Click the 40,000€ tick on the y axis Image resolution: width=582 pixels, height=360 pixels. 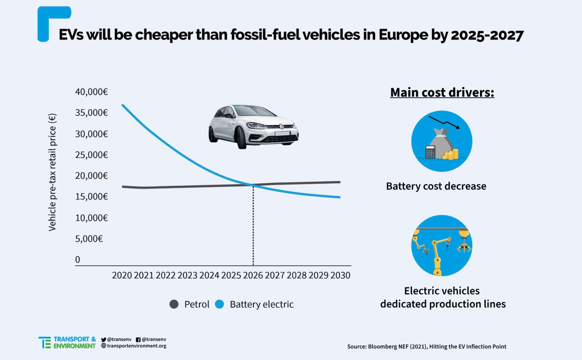tap(91, 92)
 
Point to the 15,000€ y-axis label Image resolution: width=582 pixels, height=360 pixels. tap(91, 196)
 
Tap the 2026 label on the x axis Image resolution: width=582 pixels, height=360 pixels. tap(253, 275)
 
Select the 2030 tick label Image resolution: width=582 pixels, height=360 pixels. tap(340, 275)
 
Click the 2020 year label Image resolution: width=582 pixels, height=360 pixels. tap(122, 275)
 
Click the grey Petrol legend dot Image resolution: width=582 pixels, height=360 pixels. tap(174, 304)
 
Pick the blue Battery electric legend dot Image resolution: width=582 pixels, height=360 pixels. tap(219, 304)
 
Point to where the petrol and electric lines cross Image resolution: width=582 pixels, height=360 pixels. tap(253, 185)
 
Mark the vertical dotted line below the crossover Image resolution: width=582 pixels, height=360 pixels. tap(253, 225)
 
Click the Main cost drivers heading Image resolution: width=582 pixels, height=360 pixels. tap(442, 92)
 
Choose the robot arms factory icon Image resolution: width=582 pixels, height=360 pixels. tap(442, 245)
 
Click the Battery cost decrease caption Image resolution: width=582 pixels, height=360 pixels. tap(436, 186)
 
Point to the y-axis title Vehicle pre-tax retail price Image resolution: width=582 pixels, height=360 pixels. tap(52, 172)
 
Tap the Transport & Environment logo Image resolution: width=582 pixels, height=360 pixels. tap(67, 342)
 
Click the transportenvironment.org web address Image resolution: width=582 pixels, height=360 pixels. tap(136, 346)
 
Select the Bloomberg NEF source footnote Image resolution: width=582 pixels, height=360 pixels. tap(427, 346)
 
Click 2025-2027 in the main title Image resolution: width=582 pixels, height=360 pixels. tap(487, 35)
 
